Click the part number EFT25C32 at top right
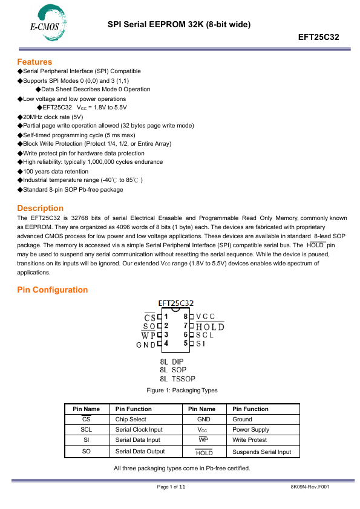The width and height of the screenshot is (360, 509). click(x=319, y=37)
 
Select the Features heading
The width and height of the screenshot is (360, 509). click(x=34, y=62)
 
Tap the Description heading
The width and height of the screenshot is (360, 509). click(x=40, y=208)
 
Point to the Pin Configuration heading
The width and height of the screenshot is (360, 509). click(x=52, y=290)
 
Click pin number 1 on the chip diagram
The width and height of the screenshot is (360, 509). click(x=166, y=316)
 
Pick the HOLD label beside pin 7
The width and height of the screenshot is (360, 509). click(x=210, y=326)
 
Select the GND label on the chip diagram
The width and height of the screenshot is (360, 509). click(x=146, y=344)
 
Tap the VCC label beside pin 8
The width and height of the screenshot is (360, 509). click(x=205, y=316)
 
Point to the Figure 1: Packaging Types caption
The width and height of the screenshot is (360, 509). click(x=182, y=391)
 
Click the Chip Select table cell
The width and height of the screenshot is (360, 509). click(x=131, y=419)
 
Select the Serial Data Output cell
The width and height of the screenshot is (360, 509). click(x=140, y=452)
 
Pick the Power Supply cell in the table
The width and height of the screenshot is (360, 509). click(x=250, y=430)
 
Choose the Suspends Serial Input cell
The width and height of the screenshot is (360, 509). click(x=261, y=452)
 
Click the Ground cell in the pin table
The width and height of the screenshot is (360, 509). click(x=242, y=419)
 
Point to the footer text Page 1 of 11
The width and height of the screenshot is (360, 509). click(x=171, y=487)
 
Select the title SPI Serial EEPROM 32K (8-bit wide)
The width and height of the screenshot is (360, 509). click(x=179, y=24)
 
